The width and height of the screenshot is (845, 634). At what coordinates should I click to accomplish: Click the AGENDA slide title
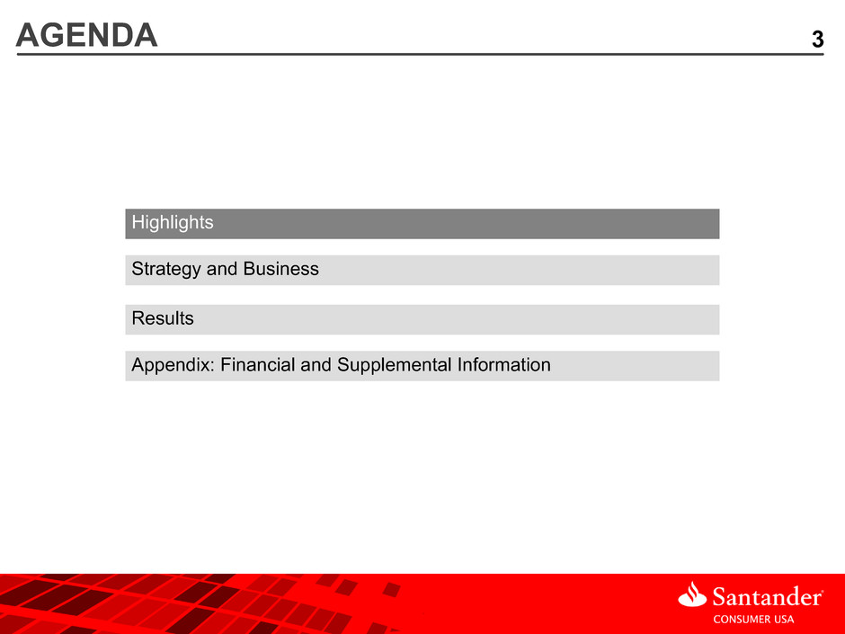coord(87,35)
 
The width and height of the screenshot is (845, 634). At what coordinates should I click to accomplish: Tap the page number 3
coord(817,40)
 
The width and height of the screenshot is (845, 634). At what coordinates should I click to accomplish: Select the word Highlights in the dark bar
coord(173,223)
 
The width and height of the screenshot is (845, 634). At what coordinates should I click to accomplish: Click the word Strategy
coord(166,269)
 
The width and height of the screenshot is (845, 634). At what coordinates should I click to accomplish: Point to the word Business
coord(280,269)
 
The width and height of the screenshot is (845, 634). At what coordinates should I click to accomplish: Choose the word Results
coord(163,318)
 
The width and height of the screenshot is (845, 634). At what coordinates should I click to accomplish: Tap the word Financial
coord(258,364)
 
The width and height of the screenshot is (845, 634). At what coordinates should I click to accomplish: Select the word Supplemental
coord(394,365)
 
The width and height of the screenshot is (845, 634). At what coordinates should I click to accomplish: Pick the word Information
coord(504,364)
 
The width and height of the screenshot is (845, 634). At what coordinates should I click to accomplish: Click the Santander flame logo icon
coord(692,594)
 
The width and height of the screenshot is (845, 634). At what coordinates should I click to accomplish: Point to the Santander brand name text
coord(768,597)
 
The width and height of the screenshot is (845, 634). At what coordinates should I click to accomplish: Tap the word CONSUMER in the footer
coord(741,620)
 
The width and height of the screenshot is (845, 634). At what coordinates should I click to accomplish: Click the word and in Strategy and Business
coord(222,269)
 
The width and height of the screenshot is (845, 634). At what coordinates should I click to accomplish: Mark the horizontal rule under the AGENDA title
coord(420,54)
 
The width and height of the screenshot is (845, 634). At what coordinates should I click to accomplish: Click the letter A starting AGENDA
coord(27,35)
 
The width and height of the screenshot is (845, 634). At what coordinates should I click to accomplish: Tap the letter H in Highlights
coord(138,221)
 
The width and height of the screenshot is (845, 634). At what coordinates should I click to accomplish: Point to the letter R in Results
coord(138,318)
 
